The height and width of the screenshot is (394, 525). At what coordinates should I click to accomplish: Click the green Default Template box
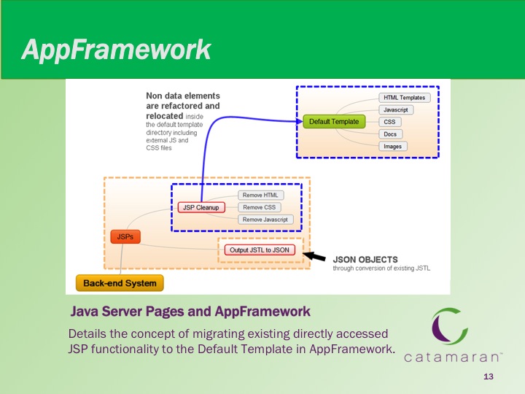334,122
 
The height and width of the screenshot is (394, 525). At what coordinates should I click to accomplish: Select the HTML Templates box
405,98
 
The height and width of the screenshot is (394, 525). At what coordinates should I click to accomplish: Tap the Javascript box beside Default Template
396,109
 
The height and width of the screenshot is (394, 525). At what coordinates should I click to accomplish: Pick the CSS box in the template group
389,122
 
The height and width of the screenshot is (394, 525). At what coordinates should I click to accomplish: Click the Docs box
390,134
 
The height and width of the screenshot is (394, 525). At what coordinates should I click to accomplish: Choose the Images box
393,147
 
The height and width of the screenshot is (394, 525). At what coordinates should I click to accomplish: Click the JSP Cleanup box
201,207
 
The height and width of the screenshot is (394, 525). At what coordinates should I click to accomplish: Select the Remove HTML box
260,195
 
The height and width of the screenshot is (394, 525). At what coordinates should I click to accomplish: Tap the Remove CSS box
260,207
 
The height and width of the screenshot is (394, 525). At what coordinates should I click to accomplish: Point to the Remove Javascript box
265,220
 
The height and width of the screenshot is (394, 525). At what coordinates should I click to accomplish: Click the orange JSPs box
125,236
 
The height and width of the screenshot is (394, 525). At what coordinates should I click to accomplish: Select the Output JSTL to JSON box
260,250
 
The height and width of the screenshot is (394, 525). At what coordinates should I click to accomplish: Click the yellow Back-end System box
120,283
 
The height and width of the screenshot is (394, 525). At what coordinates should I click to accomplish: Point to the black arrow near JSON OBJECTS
314,256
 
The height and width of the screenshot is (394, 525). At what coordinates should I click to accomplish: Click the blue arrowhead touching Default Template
300,121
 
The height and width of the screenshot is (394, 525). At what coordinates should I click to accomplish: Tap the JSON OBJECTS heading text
365,259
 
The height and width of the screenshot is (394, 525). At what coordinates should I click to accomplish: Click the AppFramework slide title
116,50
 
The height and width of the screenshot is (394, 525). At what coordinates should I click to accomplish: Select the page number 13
489,376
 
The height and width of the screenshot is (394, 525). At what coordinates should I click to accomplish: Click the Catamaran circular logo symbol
449,326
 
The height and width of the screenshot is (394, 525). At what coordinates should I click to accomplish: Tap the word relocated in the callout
164,116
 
